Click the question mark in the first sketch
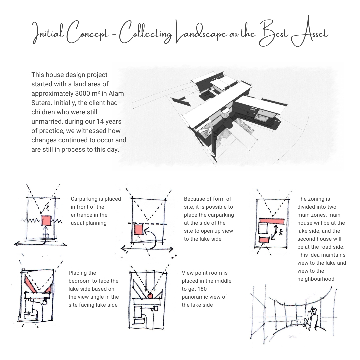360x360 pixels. pyautogui.click(x=47, y=208)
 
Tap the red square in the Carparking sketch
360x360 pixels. pyautogui.click(x=46, y=220)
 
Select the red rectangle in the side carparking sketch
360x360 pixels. pyautogui.click(x=139, y=230)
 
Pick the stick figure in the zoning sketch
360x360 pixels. pyautogui.click(x=281, y=232)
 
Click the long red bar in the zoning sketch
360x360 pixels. pyautogui.click(x=272, y=221)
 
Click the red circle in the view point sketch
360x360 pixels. pyautogui.click(x=150, y=296)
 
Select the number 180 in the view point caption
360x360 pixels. pyautogui.click(x=202, y=289)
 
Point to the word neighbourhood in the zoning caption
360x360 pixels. pyautogui.click(x=316, y=279)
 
